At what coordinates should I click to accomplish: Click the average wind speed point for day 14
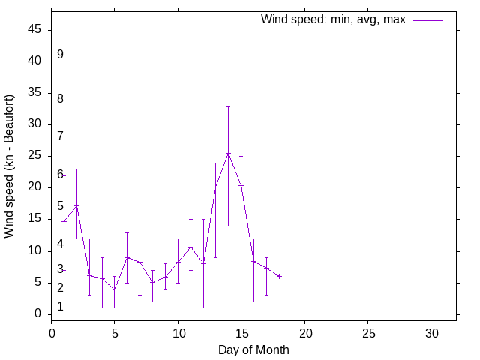pyautogui.click(x=228, y=154)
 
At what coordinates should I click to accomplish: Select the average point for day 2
pyautogui.click(x=76, y=206)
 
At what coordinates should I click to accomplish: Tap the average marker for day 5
pyautogui.click(x=115, y=289)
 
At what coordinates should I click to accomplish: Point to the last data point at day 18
pyautogui.click(x=279, y=276)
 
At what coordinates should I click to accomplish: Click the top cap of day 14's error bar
pyautogui.click(x=228, y=106)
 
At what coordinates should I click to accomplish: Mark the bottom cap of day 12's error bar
pyautogui.click(x=203, y=307)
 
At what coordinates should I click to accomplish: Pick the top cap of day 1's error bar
pyautogui.click(x=64, y=175)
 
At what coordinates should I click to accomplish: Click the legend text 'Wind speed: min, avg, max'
pyautogui.click(x=333, y=19)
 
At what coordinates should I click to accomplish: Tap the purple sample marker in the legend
pyautogui.click(x=427, y=20)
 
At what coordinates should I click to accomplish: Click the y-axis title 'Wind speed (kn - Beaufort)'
pyautogui.click(x=9, y=166)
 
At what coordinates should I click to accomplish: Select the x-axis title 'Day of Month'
pyautogui.click(x=253, y=349)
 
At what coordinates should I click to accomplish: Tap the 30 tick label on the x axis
pyautogui.click(x=431, y=331)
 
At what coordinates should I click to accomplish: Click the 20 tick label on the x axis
pyautogui.click(x=304, y=331)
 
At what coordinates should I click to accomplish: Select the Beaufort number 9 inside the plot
pyautogui.click(x=60, y=55)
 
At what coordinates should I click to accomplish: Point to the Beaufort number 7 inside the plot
pyautogui.click(x=60, y=136)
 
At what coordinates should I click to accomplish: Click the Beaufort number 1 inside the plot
pyautogui.click(x=60, y=307)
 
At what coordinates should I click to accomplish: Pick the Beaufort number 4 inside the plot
pyautogui.click(x=60, y=244)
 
